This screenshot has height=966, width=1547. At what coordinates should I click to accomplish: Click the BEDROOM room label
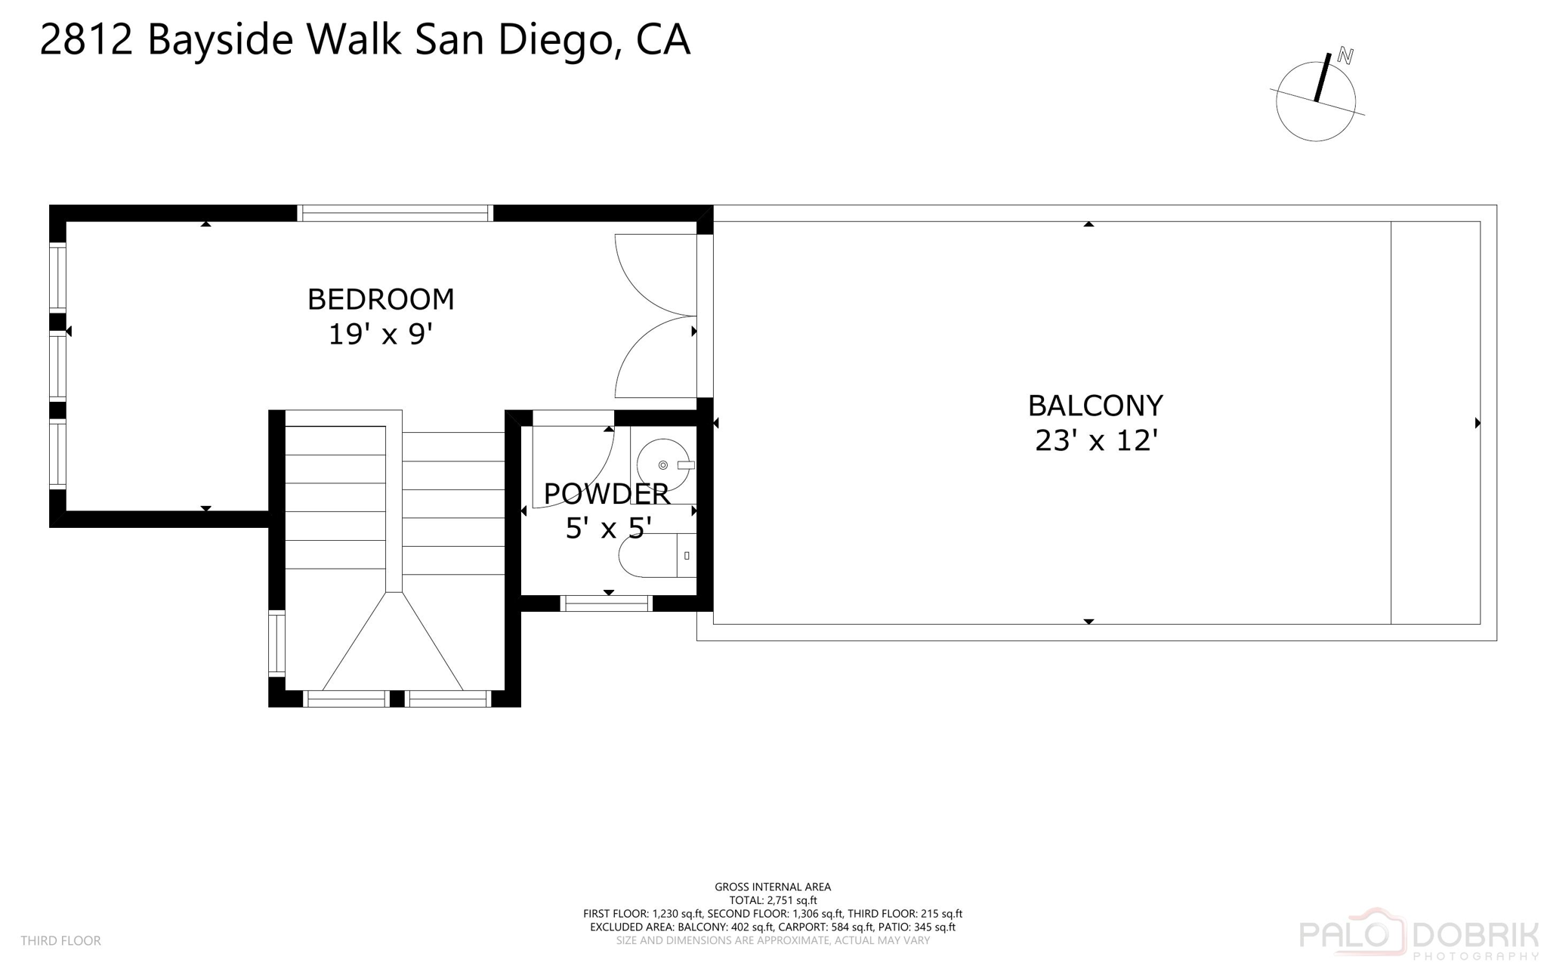pyautogui.click(x=381, y=300)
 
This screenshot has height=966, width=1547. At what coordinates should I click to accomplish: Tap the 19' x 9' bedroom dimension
pyautogui.click(x=380, y=334)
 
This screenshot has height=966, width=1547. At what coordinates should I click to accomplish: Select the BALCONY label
pyautogui.click(x=1095, y=406)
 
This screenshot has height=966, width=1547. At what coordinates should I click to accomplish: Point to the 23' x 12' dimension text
pyautogui.click(x=1096, y=440)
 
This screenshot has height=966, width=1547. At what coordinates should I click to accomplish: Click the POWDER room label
pyautogui.click(x=607, y=494)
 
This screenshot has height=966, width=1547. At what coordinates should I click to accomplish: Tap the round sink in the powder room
pyautogui.click(x=662, y=464)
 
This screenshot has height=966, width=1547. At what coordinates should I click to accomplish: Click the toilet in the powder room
pyautogui.click(x=656, y=556)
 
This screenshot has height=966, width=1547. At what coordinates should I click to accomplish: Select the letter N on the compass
pyautogui.click(x=1345, y=56)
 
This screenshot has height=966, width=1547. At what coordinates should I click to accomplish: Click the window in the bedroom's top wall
pyautogui.click(x=394, y=214)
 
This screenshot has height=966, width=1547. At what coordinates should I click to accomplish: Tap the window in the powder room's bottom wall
pyautogui.click(x=607, y=603)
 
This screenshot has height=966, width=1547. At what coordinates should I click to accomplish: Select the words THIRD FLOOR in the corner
pyautogui.click(x=60, y=940)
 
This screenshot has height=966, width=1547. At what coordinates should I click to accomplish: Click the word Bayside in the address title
pyautogui.click(x=220, y=39)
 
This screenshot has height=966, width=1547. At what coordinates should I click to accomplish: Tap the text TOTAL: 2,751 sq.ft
pyautogui.click(x=773, y=900)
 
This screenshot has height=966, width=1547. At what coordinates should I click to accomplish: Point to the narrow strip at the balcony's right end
pyautogui.click(x=1434, y=423)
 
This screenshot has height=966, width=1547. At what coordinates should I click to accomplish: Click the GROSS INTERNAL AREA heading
pyautogui.click(x=773, y=887)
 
